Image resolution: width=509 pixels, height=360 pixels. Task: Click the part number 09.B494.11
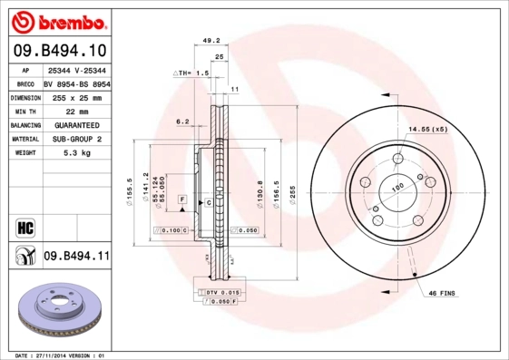coord(76,258)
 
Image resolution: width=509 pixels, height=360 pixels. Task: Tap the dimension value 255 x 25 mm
coord(76,97)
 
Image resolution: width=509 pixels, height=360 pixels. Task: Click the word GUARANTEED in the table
coord(76,125)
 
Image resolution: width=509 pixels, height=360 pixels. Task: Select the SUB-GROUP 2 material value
coord(76,139)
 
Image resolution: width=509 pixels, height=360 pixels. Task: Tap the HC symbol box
coord(24,226)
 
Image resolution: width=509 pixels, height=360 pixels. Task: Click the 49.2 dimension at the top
coord(211,41)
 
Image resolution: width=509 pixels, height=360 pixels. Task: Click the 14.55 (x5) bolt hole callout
coord(427,130)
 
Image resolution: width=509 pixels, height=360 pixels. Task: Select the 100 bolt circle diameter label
coord(396,187)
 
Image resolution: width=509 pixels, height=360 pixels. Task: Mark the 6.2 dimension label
coord(182,121)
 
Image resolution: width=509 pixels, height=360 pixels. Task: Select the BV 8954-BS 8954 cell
coord(76,83)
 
